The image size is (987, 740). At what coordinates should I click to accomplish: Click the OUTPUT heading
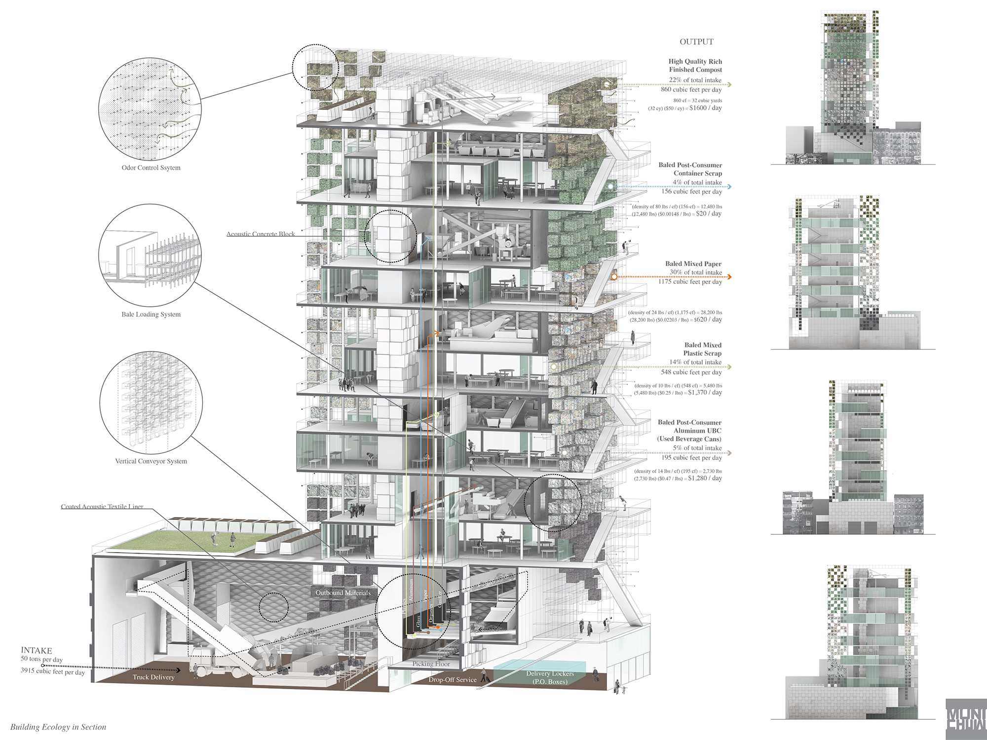point(696,42)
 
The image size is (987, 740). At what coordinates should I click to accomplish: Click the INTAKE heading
point(36,650)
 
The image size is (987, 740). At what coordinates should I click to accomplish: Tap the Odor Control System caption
point(151,168)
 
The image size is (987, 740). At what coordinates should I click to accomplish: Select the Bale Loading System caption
point(151,314)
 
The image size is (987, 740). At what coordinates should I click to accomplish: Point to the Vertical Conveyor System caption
point(151,461)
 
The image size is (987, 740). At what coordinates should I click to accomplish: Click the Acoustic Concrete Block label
point(261,234)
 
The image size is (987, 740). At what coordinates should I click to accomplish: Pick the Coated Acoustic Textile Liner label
point(102,507)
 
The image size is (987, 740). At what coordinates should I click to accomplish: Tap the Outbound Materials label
point(343,592)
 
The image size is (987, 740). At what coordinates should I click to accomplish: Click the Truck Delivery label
point(153,677)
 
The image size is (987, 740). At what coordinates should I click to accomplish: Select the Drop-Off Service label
point(453,680)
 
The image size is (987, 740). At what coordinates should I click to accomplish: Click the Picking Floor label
point(431,664)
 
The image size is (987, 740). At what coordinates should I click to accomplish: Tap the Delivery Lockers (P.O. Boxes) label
point(550,677)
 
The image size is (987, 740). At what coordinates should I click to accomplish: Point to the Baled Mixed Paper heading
point(693,264)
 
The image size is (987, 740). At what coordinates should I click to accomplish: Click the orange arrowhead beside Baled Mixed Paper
point(729,277)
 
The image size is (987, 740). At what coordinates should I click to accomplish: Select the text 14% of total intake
point(695,362)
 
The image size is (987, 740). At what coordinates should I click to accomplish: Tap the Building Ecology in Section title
point(58,727)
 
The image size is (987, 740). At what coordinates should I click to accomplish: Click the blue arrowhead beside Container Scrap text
point(729,187)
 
